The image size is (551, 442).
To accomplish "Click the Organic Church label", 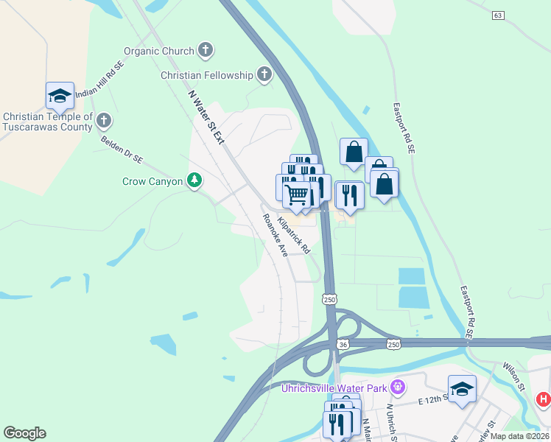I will pyautogui.click(x=158, y=51).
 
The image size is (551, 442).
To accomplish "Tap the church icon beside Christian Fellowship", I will pyautogui.click(x=264, y=74).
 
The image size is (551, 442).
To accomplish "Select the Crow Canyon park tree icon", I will pyautogui.click(x=194, y=180).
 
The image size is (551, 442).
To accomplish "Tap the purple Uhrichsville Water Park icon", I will pyautogui.click(x=398, y=386).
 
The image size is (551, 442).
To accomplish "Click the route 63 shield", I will pyautogui.click(x=499, y=15).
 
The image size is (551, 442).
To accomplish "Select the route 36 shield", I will pyautogui.click(x=343, y=345).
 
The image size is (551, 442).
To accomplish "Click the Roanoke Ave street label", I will pyautogui.click(x=276, y=235).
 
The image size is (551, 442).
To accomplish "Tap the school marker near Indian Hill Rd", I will pyautogui.click(x=60, y=95).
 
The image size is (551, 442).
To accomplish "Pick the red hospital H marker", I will pyautogui.click(x=544, y=399).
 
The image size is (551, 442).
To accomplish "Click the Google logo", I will pyautogui.click(x=24, y=433).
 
